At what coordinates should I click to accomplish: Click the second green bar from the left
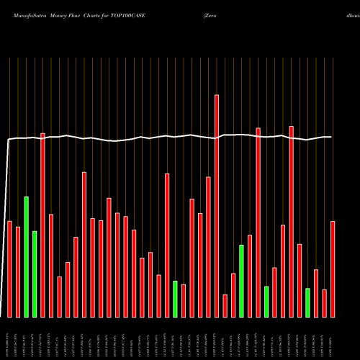(35, 274)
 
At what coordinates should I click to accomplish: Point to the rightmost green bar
(307, 302)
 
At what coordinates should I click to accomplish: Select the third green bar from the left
(175, 299)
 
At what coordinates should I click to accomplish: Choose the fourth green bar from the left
(241, 281)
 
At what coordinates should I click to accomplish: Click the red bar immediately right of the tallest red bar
(225, 305)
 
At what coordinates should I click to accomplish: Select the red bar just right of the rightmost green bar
(316, 293)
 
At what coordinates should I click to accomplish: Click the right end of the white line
(331, 137)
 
